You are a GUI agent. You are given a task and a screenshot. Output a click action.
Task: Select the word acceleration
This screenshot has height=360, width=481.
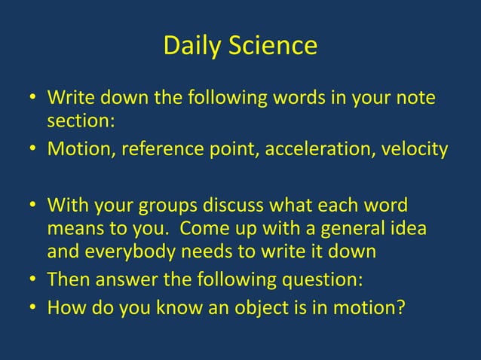(x=335, y=148)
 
